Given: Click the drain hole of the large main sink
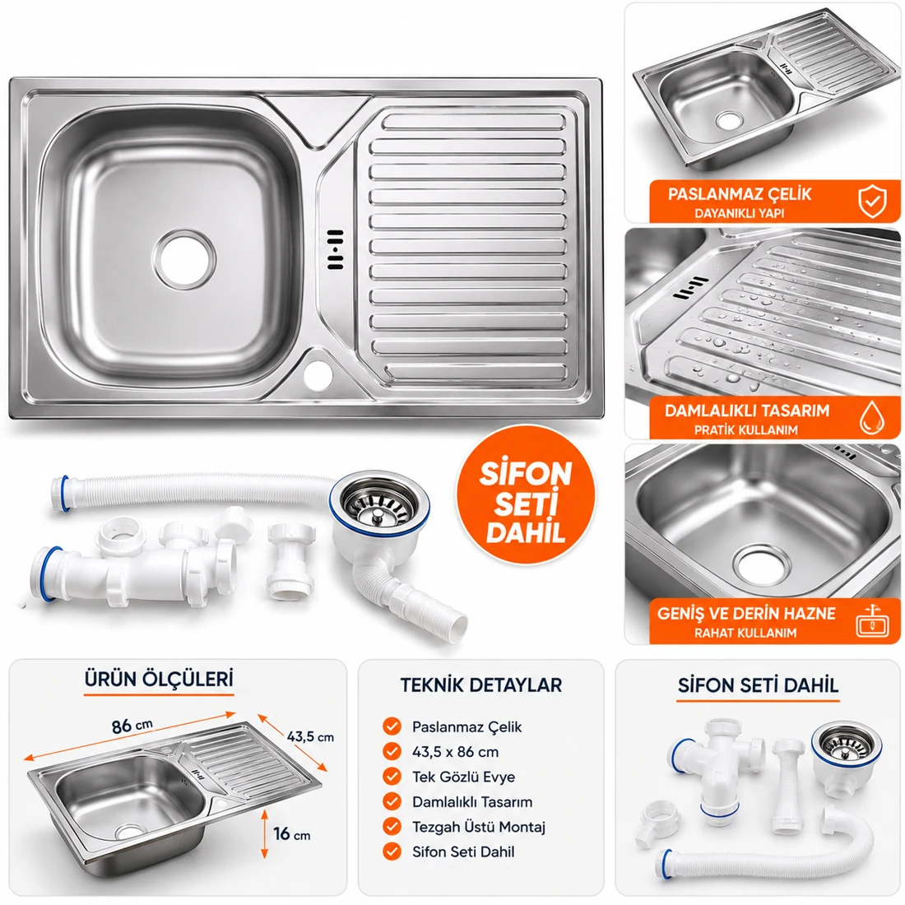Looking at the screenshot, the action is point(184,258).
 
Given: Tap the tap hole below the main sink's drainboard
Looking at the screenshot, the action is point(318,374).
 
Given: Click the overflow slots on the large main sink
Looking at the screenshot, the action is point(336,249).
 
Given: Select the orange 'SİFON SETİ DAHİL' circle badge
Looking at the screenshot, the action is point(526,495).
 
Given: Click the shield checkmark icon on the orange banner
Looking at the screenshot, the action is point(872,201).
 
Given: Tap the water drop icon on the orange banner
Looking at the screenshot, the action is point(871,417).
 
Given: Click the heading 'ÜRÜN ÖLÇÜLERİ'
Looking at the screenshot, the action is point(159,679).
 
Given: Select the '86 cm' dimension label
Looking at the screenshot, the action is point(132,725).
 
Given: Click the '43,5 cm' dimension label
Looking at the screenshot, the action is point(310,736).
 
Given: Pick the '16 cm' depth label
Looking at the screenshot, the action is point(292,834).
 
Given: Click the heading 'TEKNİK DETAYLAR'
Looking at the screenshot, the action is point(480,685).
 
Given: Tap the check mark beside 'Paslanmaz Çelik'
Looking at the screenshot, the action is point(392,726).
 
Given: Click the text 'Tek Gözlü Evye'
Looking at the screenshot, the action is point(463,777).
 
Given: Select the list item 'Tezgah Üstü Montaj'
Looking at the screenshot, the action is point(479,827).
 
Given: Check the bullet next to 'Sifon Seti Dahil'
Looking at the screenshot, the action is point(392,852).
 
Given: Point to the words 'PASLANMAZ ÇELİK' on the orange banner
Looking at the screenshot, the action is point(740,194).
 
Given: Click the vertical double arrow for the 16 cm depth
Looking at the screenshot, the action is point(264,833).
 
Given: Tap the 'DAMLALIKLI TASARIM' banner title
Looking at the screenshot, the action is point(747,411).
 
